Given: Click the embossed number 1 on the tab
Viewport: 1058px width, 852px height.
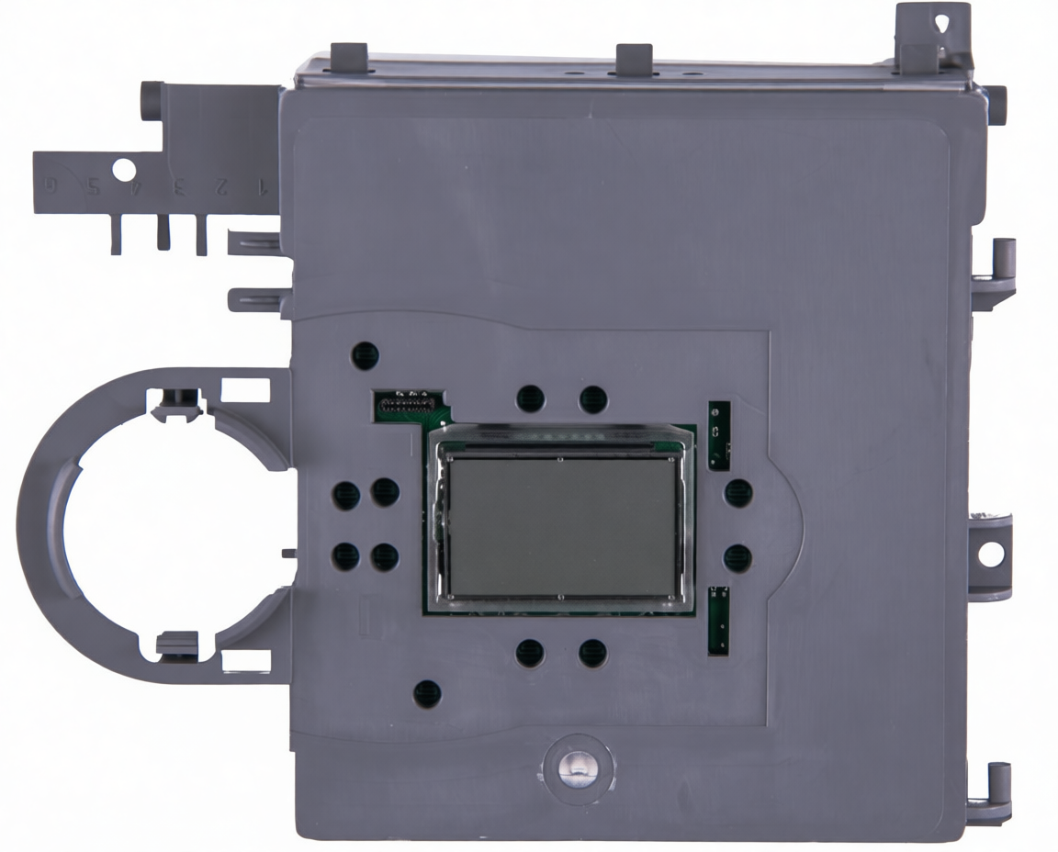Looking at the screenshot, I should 261,187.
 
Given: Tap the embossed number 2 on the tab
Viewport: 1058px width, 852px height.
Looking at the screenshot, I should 220,186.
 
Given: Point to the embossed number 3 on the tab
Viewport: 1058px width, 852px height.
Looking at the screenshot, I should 180,186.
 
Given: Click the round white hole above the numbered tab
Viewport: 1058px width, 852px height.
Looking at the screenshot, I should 122,168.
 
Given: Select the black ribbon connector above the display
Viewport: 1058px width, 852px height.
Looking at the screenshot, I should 404,402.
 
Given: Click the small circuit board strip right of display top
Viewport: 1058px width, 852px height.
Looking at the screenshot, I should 719,435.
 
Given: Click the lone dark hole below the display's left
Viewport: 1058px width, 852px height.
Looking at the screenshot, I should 427,693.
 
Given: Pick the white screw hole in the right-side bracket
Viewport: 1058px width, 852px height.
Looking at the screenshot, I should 991,554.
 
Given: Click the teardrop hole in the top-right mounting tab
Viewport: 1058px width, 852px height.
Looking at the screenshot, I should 943,20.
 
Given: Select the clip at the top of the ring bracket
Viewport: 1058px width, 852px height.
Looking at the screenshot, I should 177,403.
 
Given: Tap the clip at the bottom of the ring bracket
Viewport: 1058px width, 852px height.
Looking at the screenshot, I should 176,644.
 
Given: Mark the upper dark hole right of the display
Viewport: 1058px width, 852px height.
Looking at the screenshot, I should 737,493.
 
